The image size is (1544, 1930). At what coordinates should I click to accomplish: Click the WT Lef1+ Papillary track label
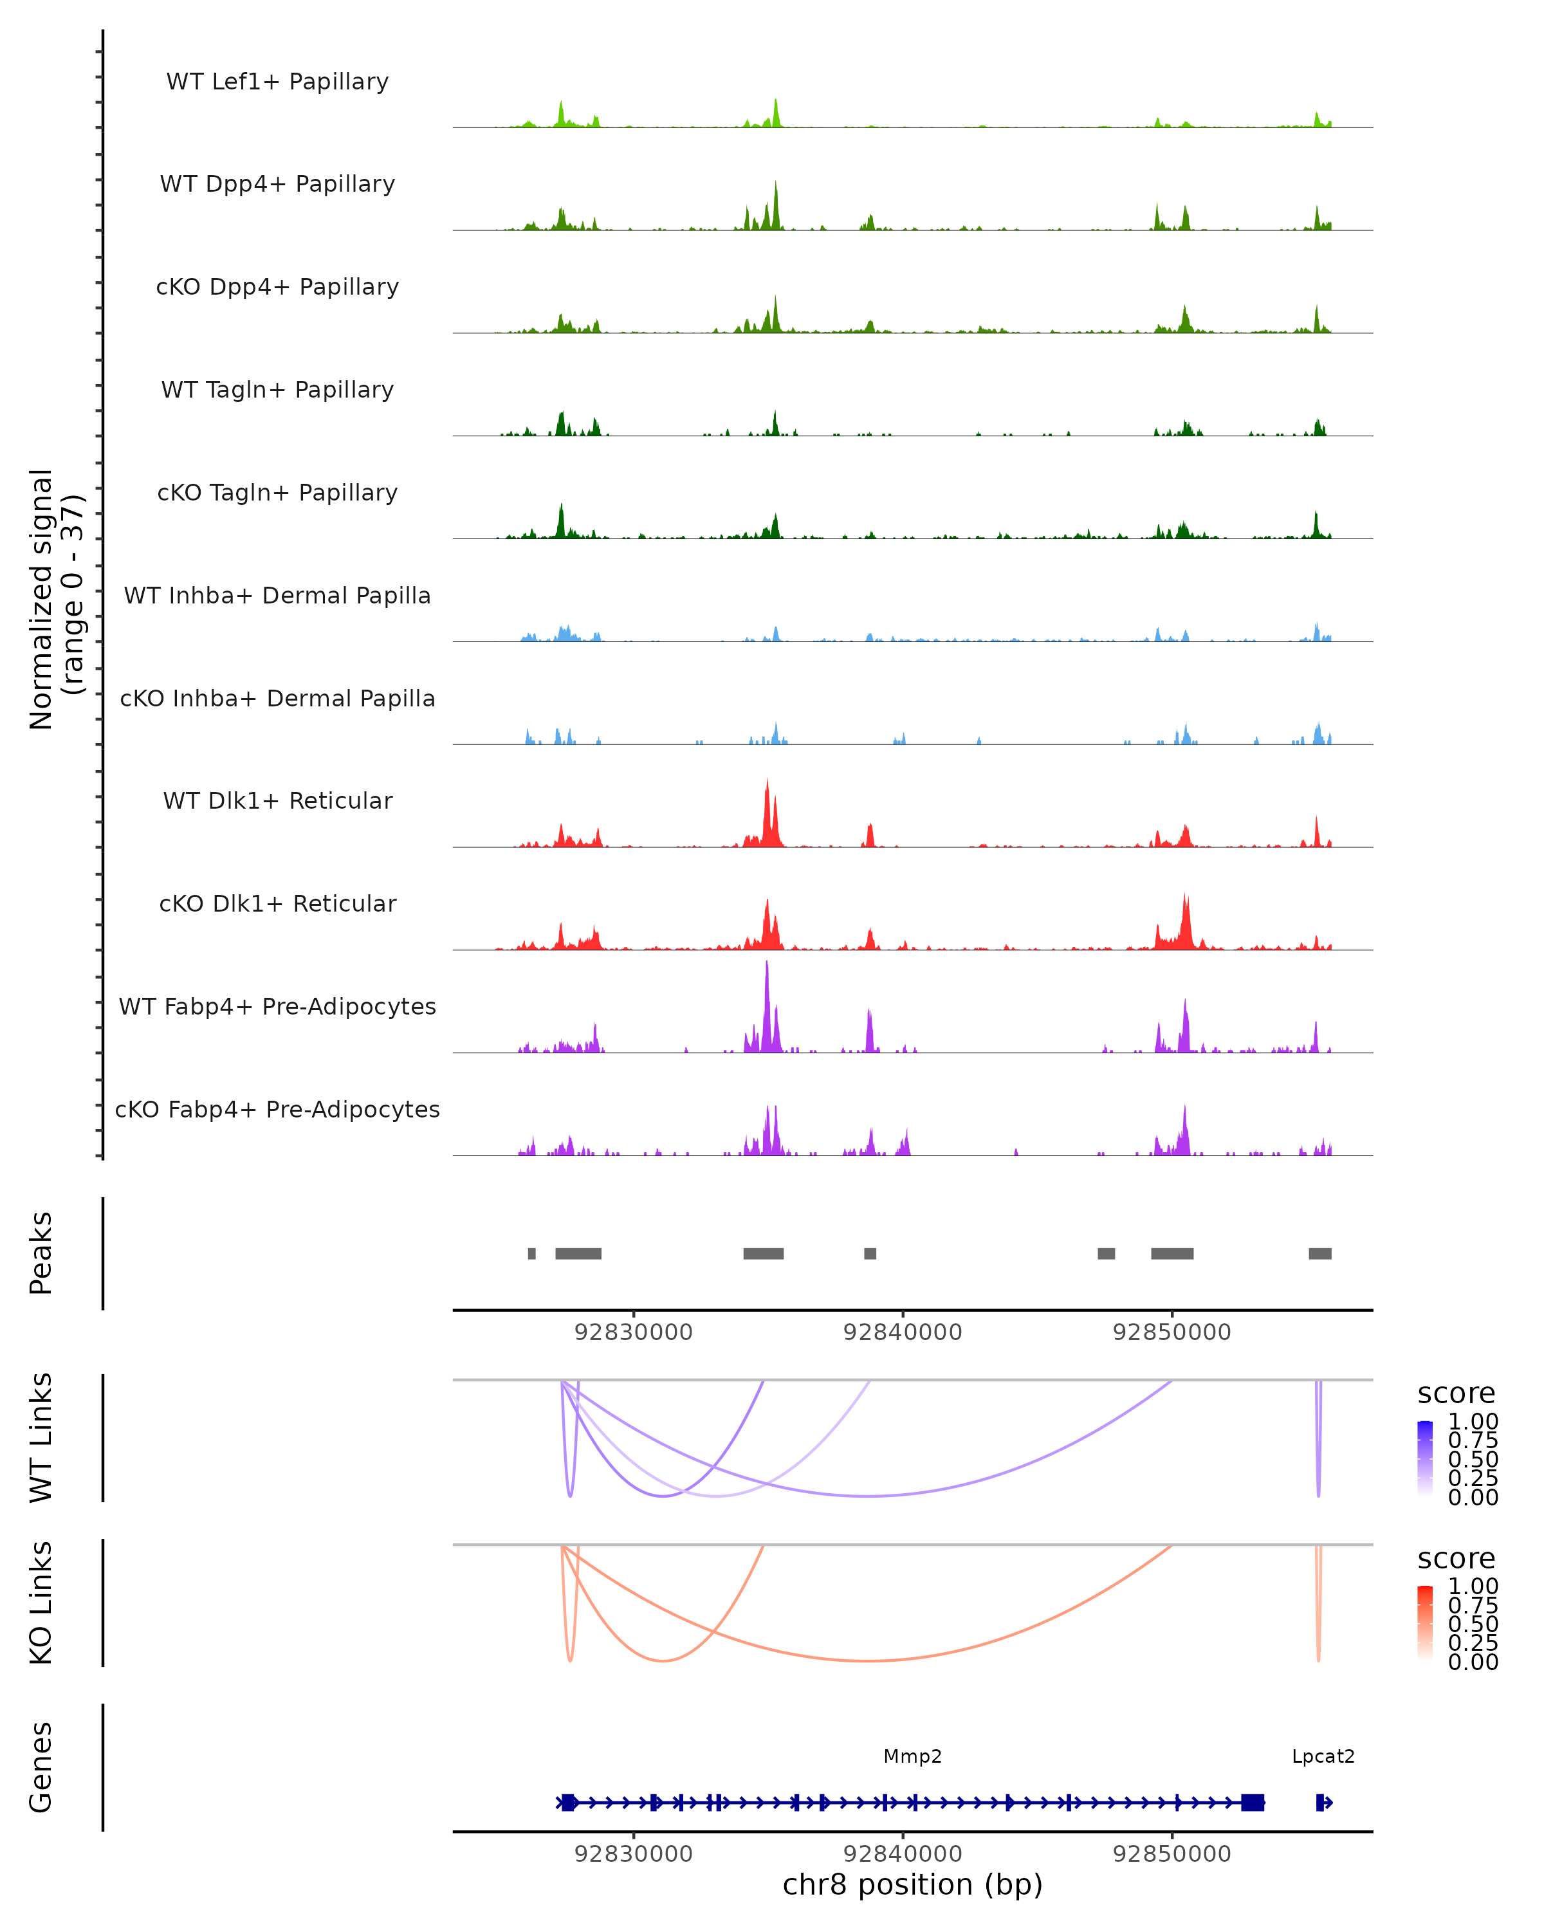[x=277, y=82]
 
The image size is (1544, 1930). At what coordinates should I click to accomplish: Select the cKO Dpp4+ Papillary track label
[x=277, y=288]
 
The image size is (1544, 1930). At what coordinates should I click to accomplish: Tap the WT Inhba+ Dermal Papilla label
[x=277, y=596]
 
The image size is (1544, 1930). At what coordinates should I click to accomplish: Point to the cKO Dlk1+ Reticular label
[x=277, y=904]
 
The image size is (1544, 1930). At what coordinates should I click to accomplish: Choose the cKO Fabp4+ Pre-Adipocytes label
[x=277, y=1110]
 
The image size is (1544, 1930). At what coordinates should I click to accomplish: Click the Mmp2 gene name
[x=912, y=1757]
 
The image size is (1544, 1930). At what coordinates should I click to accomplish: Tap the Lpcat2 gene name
[x=1323, y=1757]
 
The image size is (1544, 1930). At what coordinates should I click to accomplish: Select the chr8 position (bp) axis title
[x=912, y=1885]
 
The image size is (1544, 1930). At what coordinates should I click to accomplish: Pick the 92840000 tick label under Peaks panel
[x=902, y=1333]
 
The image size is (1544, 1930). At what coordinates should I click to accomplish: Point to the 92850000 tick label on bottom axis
[x=1172, y=1854]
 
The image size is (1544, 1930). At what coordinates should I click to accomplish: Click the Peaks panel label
[x=41, y=1253]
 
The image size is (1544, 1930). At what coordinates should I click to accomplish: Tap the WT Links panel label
[x=41, y=1438]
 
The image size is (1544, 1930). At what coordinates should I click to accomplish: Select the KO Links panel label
[x=41, y=1603]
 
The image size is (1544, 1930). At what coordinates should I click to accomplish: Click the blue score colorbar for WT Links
[x=1425, y=1458]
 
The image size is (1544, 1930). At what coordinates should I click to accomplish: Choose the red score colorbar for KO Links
[x=1425, y=1623]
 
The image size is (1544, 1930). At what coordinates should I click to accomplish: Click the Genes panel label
[x=41, y=1767]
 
